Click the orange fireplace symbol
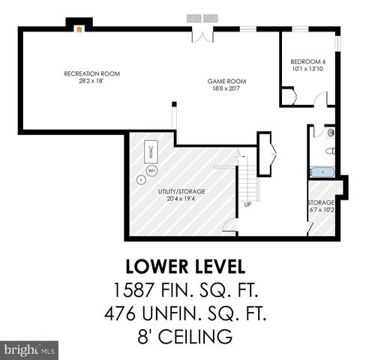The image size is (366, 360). tap(76, 28)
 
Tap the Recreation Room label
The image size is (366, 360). tap(91, 73)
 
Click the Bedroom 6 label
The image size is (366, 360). tap(308, 61)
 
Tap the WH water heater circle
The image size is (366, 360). tap(151, 170)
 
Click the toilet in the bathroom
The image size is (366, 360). tap(330, 133)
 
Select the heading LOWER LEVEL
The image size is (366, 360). tap(182, 267)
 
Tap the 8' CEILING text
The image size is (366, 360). tap(182, 335)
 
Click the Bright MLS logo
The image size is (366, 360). tap(30, 349)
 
